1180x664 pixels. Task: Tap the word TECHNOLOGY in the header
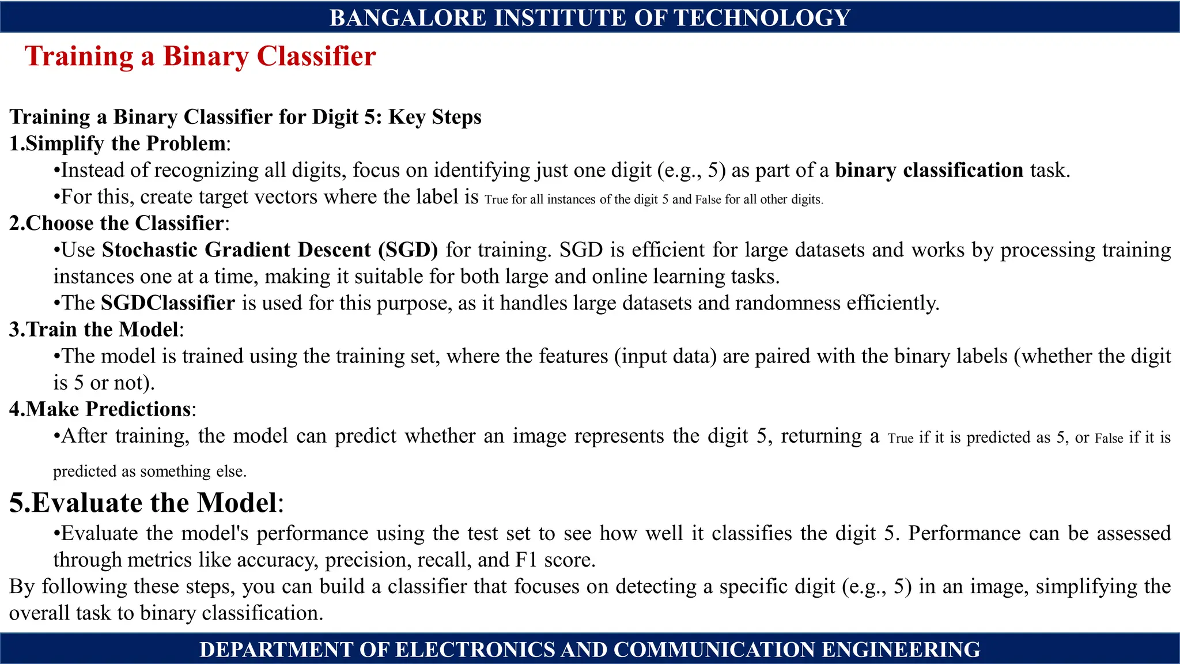762,18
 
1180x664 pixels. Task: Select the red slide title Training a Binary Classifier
200,56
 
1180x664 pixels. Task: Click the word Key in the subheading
407,117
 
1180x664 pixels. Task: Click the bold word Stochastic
150,250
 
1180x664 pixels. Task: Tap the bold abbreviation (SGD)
408,250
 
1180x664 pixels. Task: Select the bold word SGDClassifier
168,303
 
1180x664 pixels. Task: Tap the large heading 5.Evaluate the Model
143,503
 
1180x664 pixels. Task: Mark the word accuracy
276,560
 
